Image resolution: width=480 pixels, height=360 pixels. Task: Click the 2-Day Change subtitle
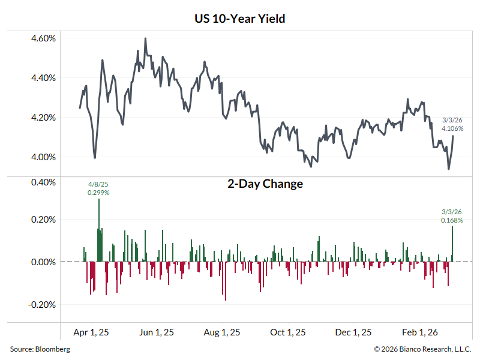click(265, 184)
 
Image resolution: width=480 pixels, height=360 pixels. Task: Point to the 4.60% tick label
click(43, 38)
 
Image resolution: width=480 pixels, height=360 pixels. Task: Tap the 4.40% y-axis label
click(43, 78)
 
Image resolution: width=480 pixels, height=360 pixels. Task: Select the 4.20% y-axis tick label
click(43, 118)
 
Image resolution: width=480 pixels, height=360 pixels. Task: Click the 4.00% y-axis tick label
click(43, 157)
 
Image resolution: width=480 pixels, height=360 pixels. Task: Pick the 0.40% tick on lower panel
click(43, 182)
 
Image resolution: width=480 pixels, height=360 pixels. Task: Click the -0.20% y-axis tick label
click(41, 304)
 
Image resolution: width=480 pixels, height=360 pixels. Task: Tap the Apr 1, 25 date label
click(91, 332)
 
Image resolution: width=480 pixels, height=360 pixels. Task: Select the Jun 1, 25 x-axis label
click(157, 332)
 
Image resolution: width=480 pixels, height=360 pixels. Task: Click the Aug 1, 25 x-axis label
click(223, 332)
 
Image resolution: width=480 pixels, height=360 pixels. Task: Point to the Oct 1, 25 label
click(288, 332)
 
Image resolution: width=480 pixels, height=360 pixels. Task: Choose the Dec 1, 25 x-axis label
click(353, 332)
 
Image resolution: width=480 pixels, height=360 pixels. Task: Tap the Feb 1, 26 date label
click(419, 332)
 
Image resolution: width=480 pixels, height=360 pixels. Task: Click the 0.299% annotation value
click(98, 193)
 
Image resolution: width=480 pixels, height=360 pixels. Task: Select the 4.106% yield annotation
click(452, 128)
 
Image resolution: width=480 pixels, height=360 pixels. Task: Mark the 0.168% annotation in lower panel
click(452, 220)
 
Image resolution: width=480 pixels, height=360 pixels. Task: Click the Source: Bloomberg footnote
click(40, 349)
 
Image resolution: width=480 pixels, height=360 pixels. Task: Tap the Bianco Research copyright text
click(423, 349)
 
